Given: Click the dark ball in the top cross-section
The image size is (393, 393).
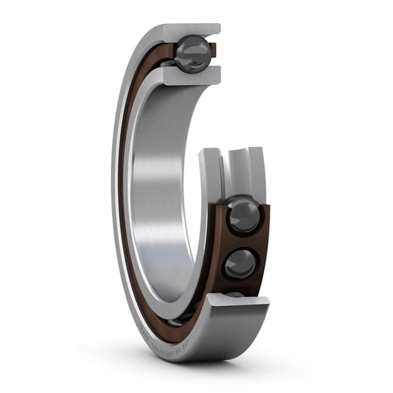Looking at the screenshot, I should point(192,54).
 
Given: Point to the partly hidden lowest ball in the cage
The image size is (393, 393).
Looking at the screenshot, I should point(235,294).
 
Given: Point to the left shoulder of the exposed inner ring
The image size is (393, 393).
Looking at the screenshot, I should point(211,169).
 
